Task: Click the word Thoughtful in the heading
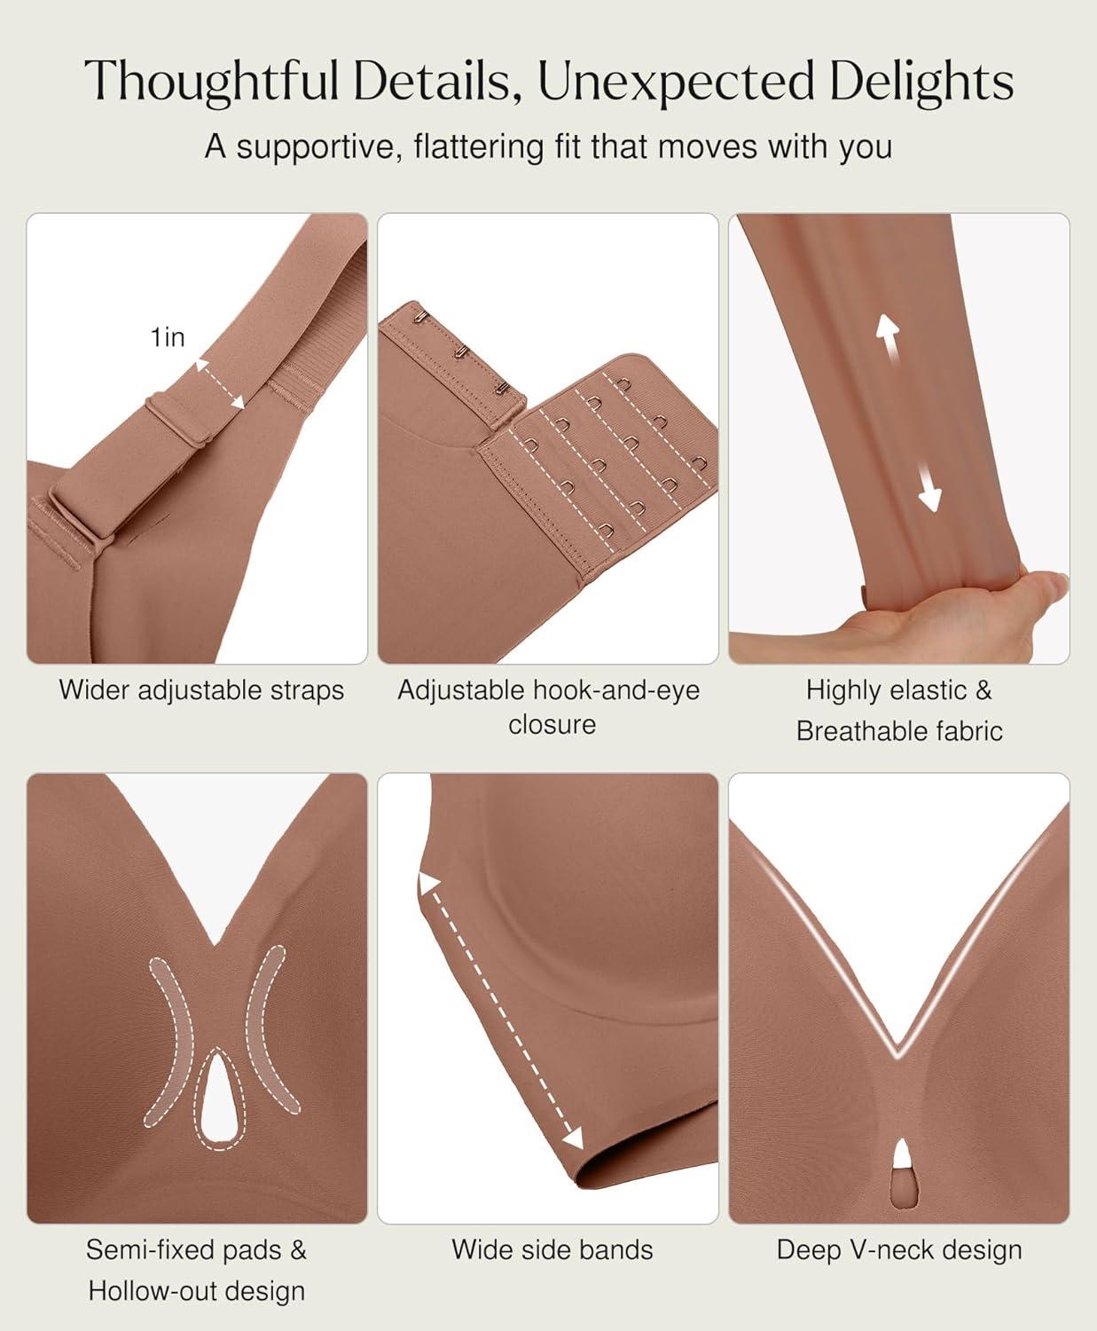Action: pos(211,82)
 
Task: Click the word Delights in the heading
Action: pos(921,82)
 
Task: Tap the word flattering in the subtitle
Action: pos(478,146)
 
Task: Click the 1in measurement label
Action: pos(167,337)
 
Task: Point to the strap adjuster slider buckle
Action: pos(179,420)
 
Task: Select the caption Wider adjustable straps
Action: pos(201,690)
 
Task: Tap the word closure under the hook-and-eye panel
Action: pos(552,724)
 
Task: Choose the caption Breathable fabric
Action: pos(899,731)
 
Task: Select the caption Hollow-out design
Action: pos(197,1291)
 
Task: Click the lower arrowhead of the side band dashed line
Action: pos(574,1138)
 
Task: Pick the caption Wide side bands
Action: pos(552,1249)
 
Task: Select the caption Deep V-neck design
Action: pos(899,1250)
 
